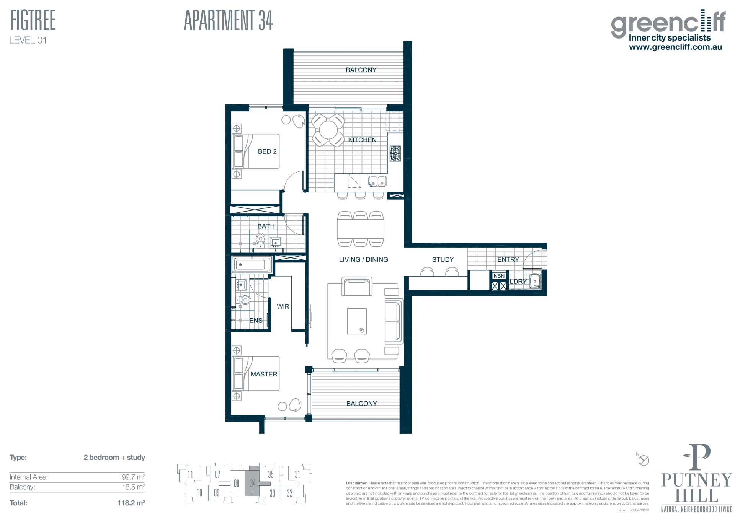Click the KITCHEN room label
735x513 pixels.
(x=362, y=140)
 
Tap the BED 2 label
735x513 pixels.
(x=267, y=151)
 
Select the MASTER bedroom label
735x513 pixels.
(x=264, y=374)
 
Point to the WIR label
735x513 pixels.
(x=283, y=306)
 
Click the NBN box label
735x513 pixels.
(x=499, y=276)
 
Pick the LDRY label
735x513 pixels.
(x=518, y=282)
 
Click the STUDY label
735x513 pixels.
(x=443, y=259)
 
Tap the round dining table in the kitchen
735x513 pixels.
(x=328, y=130)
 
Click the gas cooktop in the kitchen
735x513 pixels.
(x=395, y=153)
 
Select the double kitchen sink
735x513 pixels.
(x=377, y=181)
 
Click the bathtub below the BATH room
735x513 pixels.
(x=252, y=265)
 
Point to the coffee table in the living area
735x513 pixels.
(x=357, y=321)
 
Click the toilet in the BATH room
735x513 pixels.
(x=260, y=240)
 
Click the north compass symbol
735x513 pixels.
(x=644, y=460)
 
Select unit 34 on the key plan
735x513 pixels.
(x=253, y=483)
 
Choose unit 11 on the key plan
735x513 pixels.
(x=190, y=475)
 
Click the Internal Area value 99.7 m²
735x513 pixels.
(x=133, y=477)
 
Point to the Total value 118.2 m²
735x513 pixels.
(x=131, y=503)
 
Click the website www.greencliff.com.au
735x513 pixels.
(x=676, y=47)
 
